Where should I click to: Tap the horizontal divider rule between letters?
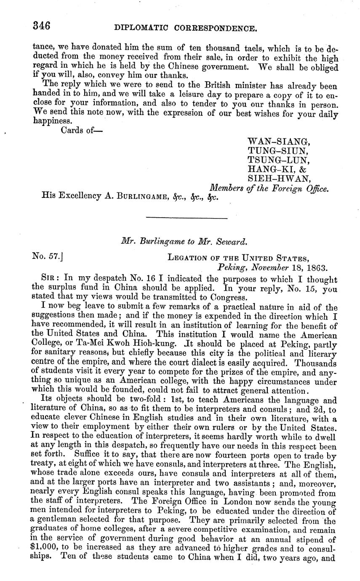[x=186, y=218]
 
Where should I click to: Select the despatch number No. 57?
[x=47, y=256]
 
